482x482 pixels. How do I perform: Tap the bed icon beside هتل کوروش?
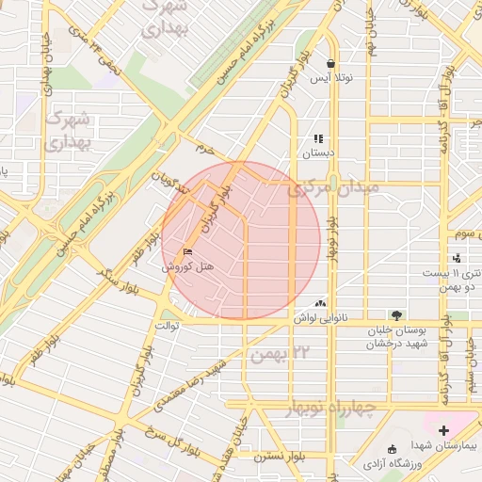tap(186, 252)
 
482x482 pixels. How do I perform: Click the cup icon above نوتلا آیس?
tap(331, 64)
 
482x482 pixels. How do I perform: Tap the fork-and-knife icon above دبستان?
tap(318, 137)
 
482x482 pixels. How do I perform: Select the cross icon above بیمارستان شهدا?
tap(443, 430)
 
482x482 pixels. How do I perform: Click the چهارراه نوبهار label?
tap(329, 408)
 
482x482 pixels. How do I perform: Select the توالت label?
tap(167, 326)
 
